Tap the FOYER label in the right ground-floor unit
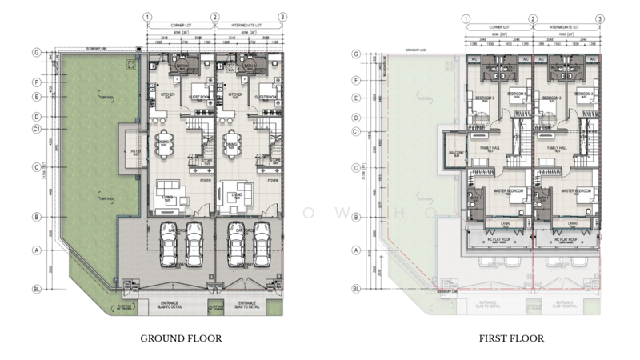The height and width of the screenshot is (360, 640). pyautogui.click(x=271, y=181)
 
